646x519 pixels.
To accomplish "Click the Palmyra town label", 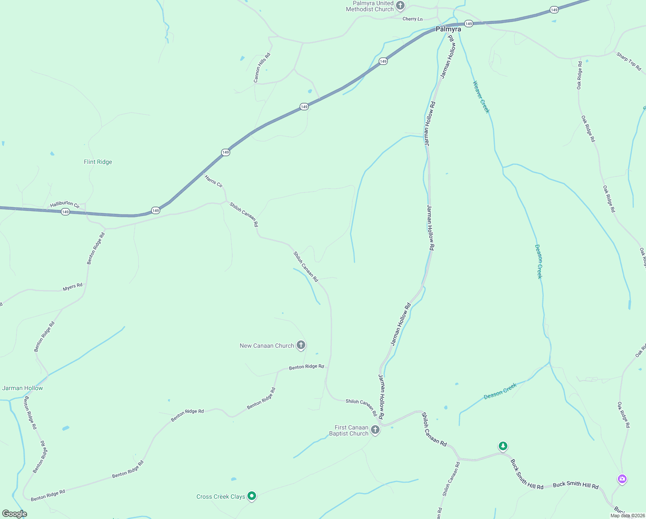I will tap(448, 29).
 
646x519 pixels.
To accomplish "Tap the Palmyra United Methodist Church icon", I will tap(400, 6).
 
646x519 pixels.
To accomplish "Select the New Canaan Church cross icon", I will tap(301, 345).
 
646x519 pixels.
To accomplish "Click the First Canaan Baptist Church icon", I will tap(375, 429).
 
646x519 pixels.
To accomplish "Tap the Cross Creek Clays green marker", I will tap(252, 496).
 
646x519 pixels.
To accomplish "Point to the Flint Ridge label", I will tap(98, 162).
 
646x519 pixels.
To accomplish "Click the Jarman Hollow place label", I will tap(22, 388).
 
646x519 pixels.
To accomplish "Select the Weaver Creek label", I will tap(481, 97).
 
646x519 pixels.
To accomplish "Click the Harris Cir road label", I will tap(213, 181).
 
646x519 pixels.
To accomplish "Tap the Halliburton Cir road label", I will tap(65, 204).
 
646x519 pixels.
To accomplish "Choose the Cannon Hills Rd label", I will tap(262, 68).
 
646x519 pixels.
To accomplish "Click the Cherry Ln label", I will tap(412, 19).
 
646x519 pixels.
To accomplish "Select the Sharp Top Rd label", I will tap(629, 61).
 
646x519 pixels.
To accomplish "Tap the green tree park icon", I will tap(503, 446).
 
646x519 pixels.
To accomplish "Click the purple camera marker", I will tap(622, 479).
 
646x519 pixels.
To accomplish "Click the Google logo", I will tap(15, 514).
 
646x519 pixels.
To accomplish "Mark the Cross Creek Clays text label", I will tap(221, 497).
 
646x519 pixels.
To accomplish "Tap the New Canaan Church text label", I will tap(267, 346).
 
